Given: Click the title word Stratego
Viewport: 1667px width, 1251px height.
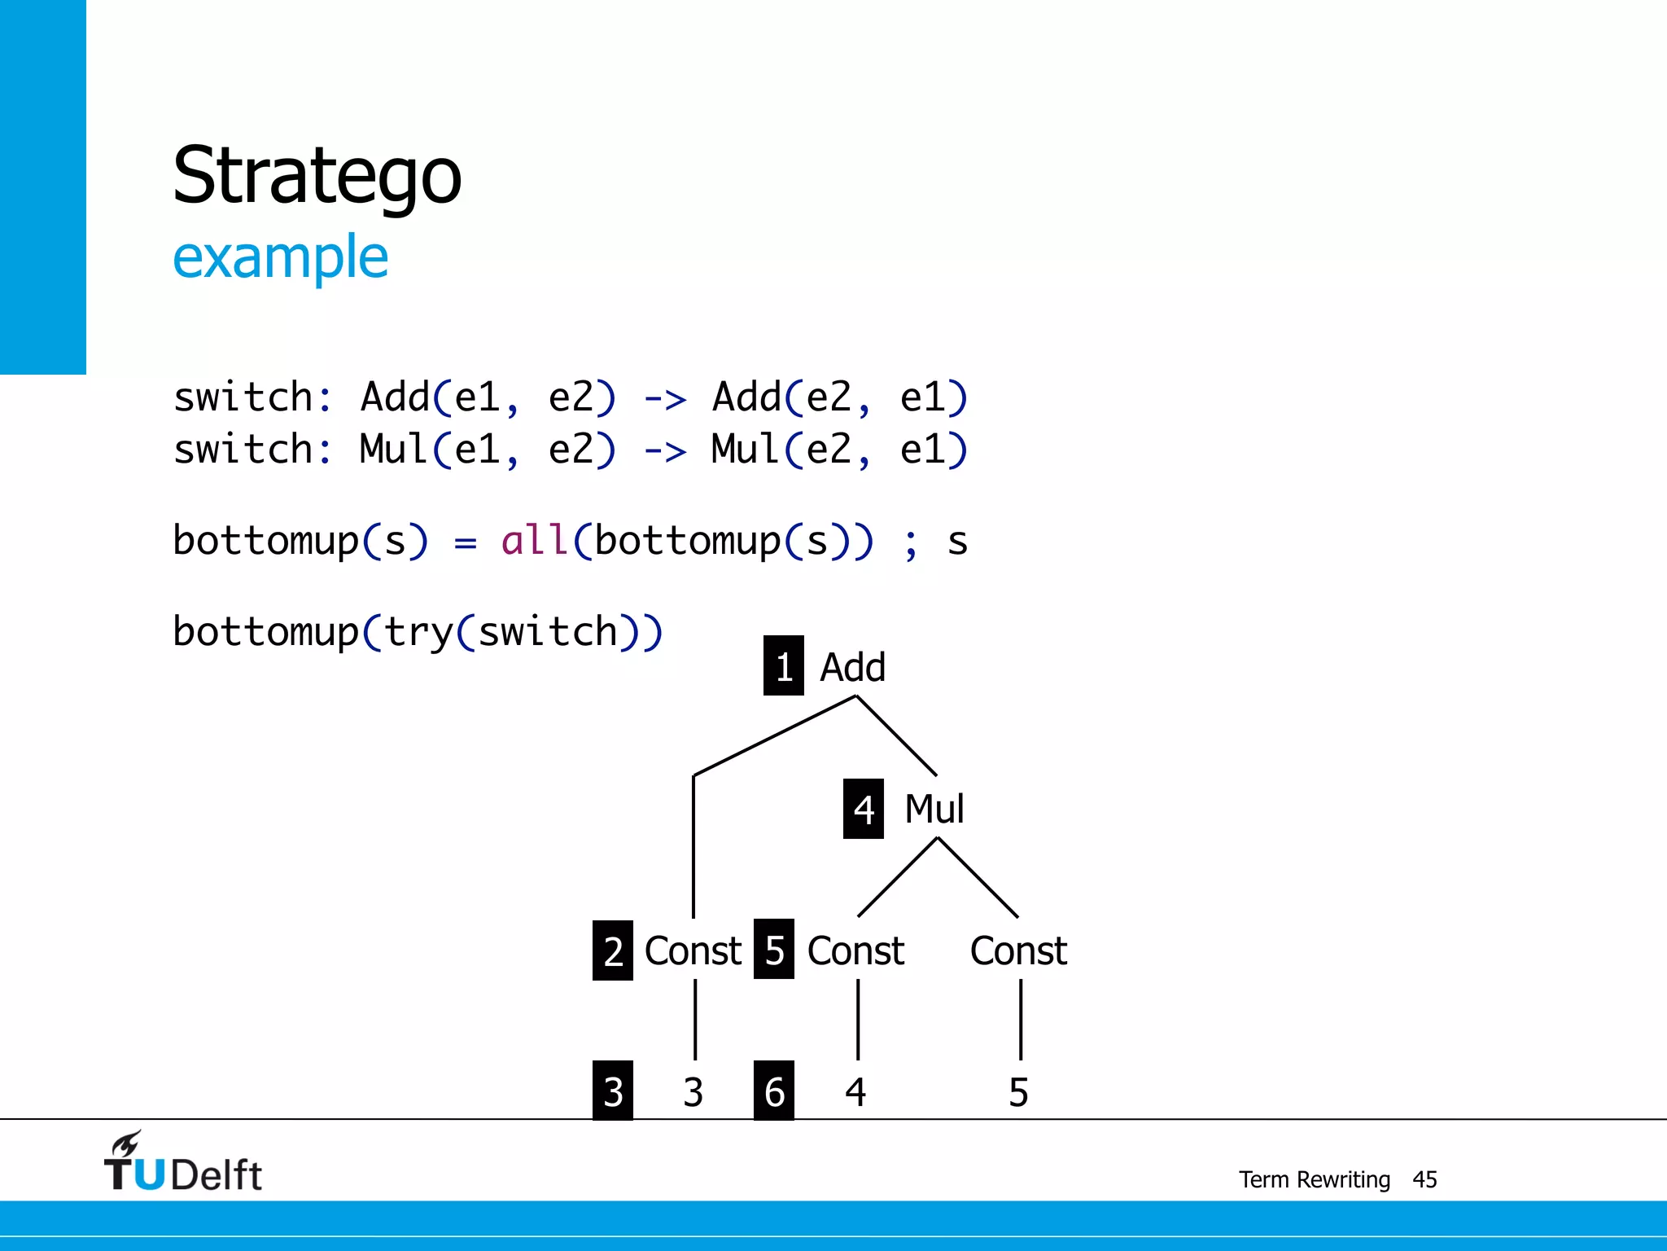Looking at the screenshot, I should click(317, 176).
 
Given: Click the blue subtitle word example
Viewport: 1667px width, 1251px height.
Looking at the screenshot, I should click(280, 257).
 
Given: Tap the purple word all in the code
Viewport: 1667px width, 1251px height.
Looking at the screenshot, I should click(534, 541).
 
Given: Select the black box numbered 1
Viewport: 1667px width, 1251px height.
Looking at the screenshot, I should click(783, 666).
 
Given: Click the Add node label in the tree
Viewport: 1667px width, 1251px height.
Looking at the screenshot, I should click(852, 667).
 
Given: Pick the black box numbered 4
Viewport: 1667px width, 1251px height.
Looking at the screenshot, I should click(863, 809).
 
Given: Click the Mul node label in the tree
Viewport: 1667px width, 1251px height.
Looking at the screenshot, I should click(934, 809).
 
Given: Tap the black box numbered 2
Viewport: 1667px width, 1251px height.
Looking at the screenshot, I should click(613, 950).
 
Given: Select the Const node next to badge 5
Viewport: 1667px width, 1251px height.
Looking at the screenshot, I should click(855, 950).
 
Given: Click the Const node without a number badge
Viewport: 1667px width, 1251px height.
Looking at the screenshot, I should click(1018, 950).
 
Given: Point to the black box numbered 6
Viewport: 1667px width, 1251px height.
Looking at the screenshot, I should click(774, 1091).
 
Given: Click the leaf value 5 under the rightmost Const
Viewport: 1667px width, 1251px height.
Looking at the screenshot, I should click(1018, 1092).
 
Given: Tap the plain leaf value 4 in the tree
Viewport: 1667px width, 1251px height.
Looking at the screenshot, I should click(855, 1092).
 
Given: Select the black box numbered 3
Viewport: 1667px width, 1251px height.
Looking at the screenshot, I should click(613, 1091).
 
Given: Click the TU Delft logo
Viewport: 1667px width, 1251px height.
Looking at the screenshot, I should click(183, 1163).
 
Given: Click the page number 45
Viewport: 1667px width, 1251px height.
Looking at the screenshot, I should click(1424, 1179).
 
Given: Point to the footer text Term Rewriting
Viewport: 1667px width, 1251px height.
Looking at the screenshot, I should click(1314, 1179).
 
